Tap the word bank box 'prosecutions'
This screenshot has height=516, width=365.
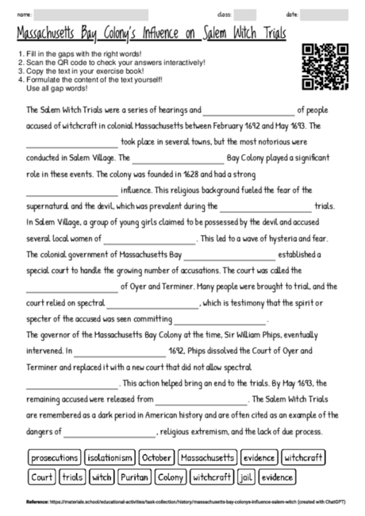pyautogui.click(x=55, y=457)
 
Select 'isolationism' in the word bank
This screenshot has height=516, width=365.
pyautogui.click(x=109, y=457)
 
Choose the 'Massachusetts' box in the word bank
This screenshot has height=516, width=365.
pyautogui.click(x=207, y=457)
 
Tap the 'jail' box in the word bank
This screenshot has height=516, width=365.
pyautogui.click(x=245, y=477)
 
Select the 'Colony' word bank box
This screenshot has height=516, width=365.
pyautogui.click(x=170, y=477)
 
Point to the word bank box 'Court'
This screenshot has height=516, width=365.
pyautogui.click(x=41, y=477)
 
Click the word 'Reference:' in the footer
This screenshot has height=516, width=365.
pyautogui.click(x=36, y=502)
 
